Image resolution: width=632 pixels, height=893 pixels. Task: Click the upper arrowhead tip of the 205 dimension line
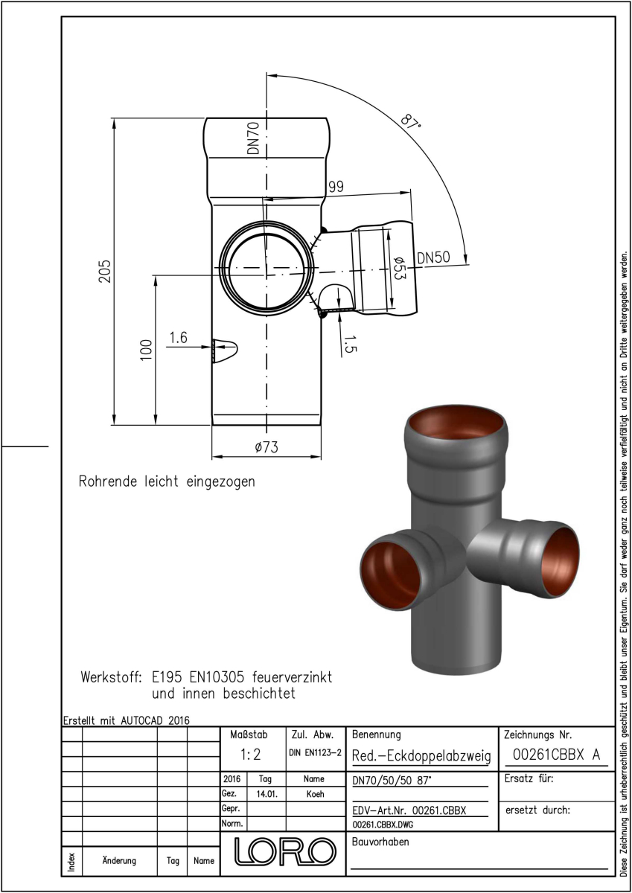click(x=114, y=118)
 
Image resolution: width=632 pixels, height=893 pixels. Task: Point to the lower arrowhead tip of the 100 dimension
click(x=156, y=425)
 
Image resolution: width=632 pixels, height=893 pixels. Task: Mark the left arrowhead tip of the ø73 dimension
click(x=211, y=456)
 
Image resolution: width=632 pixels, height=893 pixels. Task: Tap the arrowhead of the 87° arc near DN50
click(x=467, y=263)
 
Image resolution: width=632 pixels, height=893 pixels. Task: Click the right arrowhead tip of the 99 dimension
click(x=411, y=192)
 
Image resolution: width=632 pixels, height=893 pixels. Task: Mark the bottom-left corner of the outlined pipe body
click(x=212, y=426)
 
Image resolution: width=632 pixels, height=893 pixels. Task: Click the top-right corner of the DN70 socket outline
click(x=326, y=118)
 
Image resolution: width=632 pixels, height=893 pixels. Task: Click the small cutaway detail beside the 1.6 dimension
click(x=225, y=351)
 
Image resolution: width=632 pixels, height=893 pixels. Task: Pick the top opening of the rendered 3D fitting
click(x=456, y=424)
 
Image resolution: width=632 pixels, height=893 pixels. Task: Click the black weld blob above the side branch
click(x=324, y=230)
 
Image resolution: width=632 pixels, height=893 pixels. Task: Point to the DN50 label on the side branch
click(x=433, y=257)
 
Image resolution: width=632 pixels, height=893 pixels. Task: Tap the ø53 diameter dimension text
click(x=399, y=268)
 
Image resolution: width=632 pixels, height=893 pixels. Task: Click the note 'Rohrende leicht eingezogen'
click(x=167, y=481)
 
